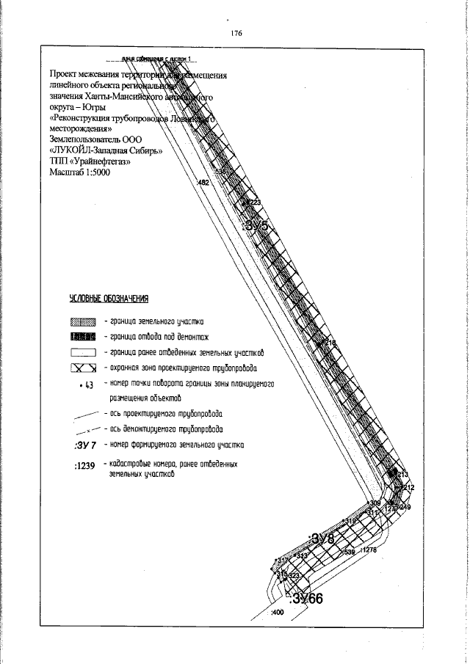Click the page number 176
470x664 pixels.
coord(236,33)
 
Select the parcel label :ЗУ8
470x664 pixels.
coord(322,539)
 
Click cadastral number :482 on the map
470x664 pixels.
coord(203,182)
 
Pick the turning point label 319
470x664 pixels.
coord(350,521)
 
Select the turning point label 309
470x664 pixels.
coord(375,503)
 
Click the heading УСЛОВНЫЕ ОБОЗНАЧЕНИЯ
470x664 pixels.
coord(109,299)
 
